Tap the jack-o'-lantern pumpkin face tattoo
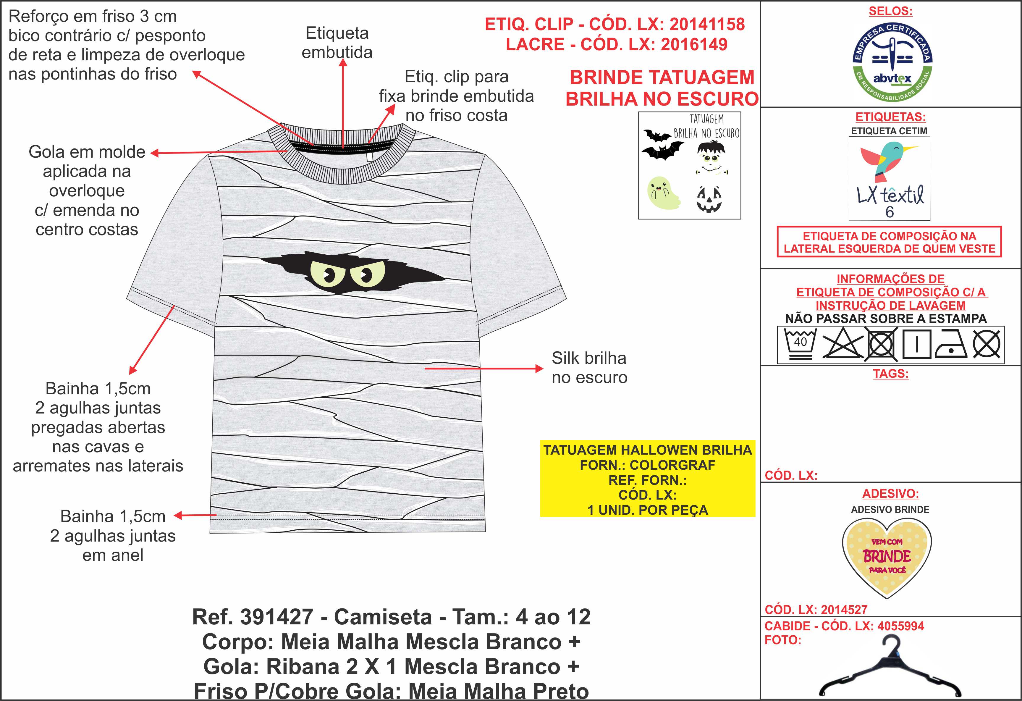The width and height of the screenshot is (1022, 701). click(709, 199)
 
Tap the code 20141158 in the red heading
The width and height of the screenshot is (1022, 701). click(707, 24)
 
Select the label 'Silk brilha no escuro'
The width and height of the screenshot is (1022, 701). click(589, 368)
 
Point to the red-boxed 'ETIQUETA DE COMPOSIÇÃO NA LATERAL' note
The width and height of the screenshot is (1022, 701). click(889, 242)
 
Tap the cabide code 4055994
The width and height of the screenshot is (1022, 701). click(901, 626)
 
